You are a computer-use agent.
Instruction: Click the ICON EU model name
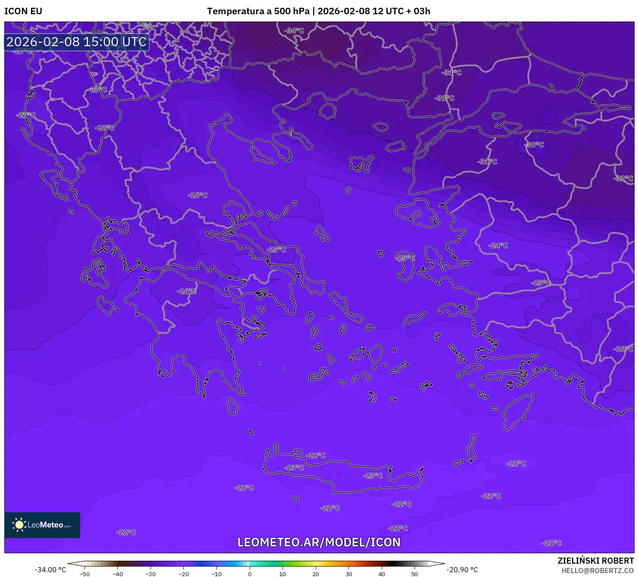(23, 11)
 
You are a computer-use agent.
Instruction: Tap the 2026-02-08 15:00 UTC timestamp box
(76, 42)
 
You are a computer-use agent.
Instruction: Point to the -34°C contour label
(294, 31)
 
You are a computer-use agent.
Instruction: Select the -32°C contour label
(623, 179)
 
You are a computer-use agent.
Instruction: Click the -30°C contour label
(534, 145)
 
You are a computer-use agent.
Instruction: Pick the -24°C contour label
(498, 245)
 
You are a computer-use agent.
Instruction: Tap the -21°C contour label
(552, 543)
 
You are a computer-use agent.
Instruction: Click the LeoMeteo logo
(42, 525)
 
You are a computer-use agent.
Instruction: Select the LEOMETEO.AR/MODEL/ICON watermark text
(319, 542)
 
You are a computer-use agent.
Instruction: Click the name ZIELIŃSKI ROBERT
(595, 561)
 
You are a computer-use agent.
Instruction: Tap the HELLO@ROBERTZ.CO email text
(597, 571)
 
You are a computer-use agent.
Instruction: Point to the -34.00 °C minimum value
(50, 570)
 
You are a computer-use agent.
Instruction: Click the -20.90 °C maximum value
(462, 570)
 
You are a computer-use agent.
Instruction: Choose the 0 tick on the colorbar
(249, 574)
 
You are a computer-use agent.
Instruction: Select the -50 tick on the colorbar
(85, 574)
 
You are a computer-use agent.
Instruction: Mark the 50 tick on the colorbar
(415, 574)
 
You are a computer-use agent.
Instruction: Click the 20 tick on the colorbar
(315, 574)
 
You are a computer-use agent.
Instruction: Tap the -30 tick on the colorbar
(151, 574)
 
